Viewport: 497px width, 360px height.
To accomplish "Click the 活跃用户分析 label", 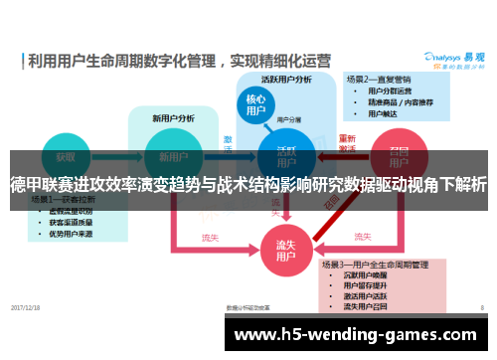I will (285, 80).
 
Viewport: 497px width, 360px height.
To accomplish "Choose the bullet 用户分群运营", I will (390, 90).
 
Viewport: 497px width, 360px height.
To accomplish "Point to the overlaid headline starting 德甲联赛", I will (248, 185).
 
